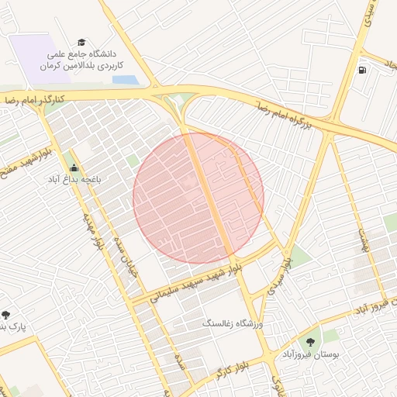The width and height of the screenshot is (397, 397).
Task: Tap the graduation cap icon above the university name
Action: click(x=81, y=43)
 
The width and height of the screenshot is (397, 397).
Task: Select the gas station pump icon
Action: click(x=362, y=71)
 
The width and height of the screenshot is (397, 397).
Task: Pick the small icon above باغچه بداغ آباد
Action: click(x=74, y=167)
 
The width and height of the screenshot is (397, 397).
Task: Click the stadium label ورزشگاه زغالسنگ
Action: click(x=233, y=322)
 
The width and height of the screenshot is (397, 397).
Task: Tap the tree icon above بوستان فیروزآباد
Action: click(x=310, y=340)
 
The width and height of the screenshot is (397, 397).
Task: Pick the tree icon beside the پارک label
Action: click(x=6, y=315)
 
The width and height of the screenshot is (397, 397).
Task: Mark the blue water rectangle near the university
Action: click(x=123, y=80)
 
